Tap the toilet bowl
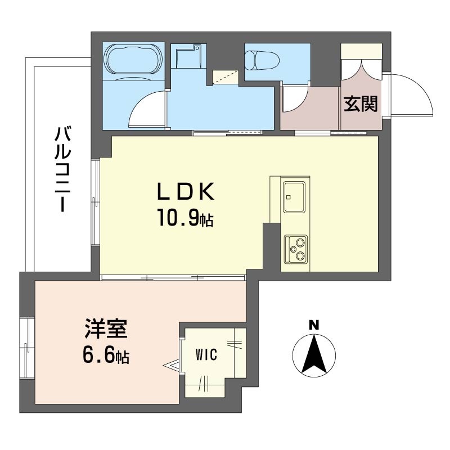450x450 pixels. pos(262,60)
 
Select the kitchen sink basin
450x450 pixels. pos(294,196)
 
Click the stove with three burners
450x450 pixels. pos(296,249)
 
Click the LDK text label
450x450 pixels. pos(186,191)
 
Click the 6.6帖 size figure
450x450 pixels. pos(106,355)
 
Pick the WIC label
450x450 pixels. pos(206,354)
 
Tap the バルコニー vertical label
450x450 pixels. pos(62,169)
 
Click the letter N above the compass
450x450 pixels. pos(314,325)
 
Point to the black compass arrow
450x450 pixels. pos(314,355)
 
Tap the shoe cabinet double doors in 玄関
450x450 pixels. pos(361,69)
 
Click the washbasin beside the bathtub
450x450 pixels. pos(188,56)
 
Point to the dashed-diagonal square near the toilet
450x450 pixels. pos(226,77)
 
